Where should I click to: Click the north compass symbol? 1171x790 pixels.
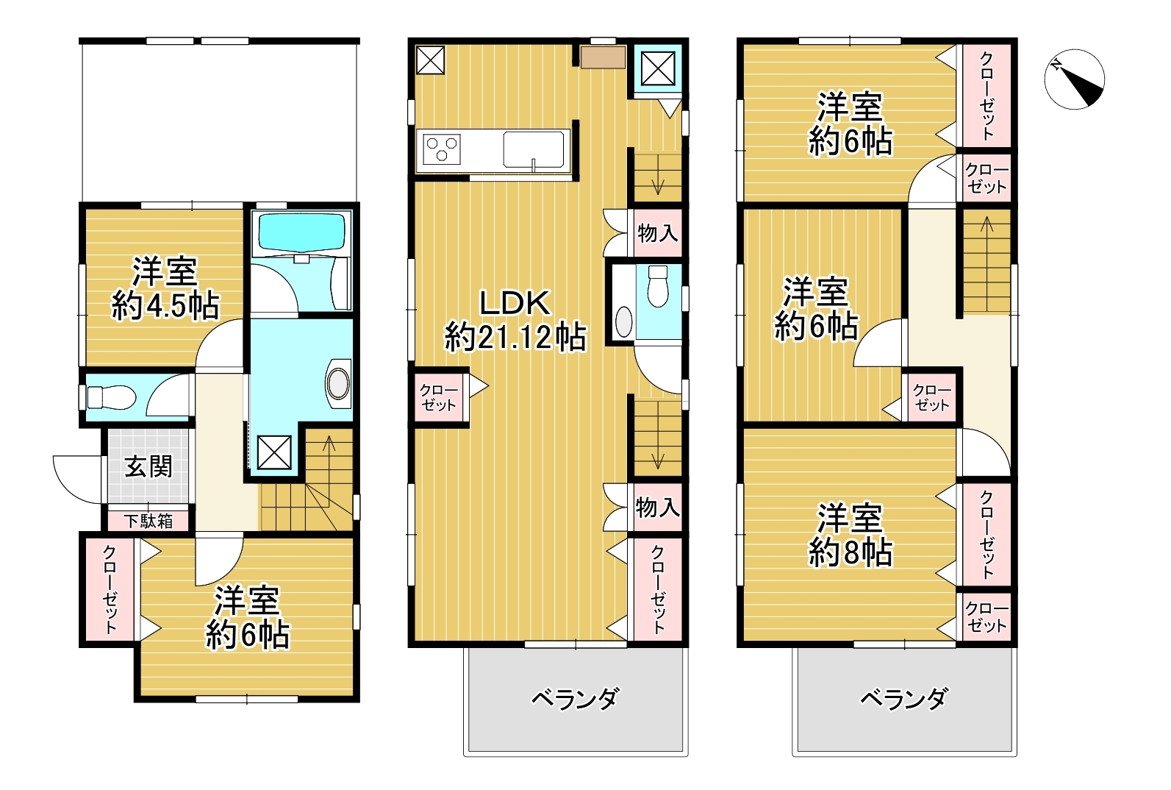click(1074, 79)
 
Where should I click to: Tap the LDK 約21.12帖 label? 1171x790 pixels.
click(515, 320)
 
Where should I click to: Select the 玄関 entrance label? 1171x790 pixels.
click(148, 466)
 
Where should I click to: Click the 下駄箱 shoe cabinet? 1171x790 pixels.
click(148, 521)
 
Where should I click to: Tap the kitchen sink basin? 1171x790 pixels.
click(534, 149)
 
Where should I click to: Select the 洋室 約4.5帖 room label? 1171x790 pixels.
click(165, 288)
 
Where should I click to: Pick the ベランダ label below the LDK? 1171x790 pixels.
click(575, 698)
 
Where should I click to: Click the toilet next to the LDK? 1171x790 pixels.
click(657, 285)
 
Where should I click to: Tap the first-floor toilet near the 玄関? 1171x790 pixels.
click(110, 398)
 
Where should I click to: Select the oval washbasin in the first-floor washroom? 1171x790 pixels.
click(340, 383)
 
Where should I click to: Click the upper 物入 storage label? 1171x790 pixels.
click(657, 234)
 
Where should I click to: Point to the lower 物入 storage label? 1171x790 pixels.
click(657, 507)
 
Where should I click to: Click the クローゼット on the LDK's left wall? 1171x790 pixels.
click(439, 398)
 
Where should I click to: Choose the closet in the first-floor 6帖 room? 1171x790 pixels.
click(110, 589)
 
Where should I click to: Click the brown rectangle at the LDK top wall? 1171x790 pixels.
click(603, 57)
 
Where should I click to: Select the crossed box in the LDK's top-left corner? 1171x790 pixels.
click(431, 60)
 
